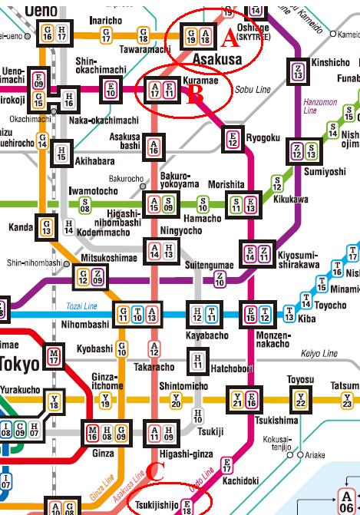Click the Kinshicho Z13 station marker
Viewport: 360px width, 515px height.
pos(297,71)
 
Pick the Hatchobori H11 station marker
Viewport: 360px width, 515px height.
pos(199,359)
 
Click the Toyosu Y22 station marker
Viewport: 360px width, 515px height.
pos(300,399)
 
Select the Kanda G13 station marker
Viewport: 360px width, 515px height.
pos(47,226)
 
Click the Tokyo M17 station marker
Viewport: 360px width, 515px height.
pos(54,356)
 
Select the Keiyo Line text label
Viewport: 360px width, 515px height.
pos(319,354)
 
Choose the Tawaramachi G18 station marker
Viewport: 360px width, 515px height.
pos(143,34)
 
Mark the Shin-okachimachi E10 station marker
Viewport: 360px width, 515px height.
pos(111,90)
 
